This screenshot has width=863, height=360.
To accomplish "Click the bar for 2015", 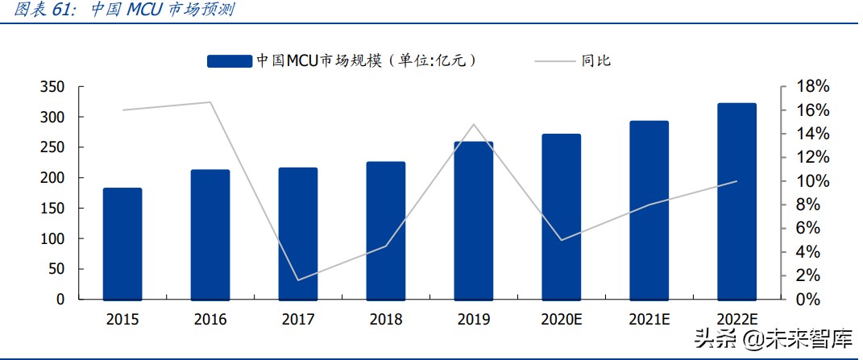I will click(122, 243).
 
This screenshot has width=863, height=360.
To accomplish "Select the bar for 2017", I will click(298, 234).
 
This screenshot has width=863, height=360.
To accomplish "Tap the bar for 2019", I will click(474, 221).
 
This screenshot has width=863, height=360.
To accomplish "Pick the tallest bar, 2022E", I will click(736, 201).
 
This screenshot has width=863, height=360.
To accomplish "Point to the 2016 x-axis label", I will click(210, 320).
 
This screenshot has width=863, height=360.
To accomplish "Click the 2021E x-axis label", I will click(649, 320).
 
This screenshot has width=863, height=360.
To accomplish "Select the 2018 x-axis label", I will click(386, 320).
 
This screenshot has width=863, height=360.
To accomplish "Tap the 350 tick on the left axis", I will click(52, 87).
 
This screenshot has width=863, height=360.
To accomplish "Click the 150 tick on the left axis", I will click(52, 209).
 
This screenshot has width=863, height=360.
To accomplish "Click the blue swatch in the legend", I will click(230, 60).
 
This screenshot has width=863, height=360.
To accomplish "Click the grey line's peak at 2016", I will click(210, 102).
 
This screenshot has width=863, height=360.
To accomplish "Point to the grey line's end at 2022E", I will click(736, 181).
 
